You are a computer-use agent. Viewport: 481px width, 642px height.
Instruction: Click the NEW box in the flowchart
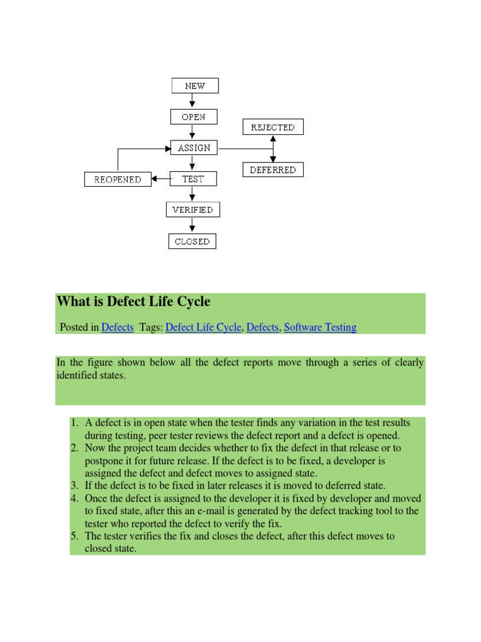pyautogui.click(x=195, y=85)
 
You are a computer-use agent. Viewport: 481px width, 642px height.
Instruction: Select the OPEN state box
pyautogui.click(x=194, y=117)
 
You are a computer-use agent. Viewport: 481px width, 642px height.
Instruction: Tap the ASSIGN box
pyautogui.click(x=194, y=149)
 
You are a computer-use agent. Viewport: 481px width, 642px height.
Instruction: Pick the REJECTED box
pyautogui.click(x=272, y=127)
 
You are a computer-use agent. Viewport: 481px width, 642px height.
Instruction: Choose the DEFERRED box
pyautogui.click(x=272, y=169)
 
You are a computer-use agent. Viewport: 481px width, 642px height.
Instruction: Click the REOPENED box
pyautogui.click(x=118, y=179)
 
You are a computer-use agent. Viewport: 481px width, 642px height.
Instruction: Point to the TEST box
pyautogui.click(x=193, y=179)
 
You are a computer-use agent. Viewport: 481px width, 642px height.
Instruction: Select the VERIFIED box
pyautogui.click(x=193, y=210)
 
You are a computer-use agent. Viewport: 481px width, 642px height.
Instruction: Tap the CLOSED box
pyautogui.click(x=192, y=241)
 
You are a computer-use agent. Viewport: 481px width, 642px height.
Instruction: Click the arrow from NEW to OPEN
pyautogui.click(x=193, y=101)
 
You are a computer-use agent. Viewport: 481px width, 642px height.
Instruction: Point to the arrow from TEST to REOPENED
pyautogui.click(x=161, y=179)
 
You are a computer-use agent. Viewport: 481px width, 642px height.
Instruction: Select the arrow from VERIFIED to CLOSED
pyautogui.click(x=192, y=226)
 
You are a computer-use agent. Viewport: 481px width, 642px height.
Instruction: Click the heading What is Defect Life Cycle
pyautogui.click(x=133, y=302)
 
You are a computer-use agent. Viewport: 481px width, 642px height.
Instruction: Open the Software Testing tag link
pyautogui.click(x=320, y=327)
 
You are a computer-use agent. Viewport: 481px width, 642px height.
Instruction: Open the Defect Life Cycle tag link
pyautogui.click(x=203, y=327)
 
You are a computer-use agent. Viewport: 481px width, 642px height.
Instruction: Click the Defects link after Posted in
pyautogui.click(x=117, y=327)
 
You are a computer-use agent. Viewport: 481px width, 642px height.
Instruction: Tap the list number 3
pyautogui.click(x=74, y=486)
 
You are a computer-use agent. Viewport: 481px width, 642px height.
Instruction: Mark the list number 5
pyautogui.click(x=74, y=536)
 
